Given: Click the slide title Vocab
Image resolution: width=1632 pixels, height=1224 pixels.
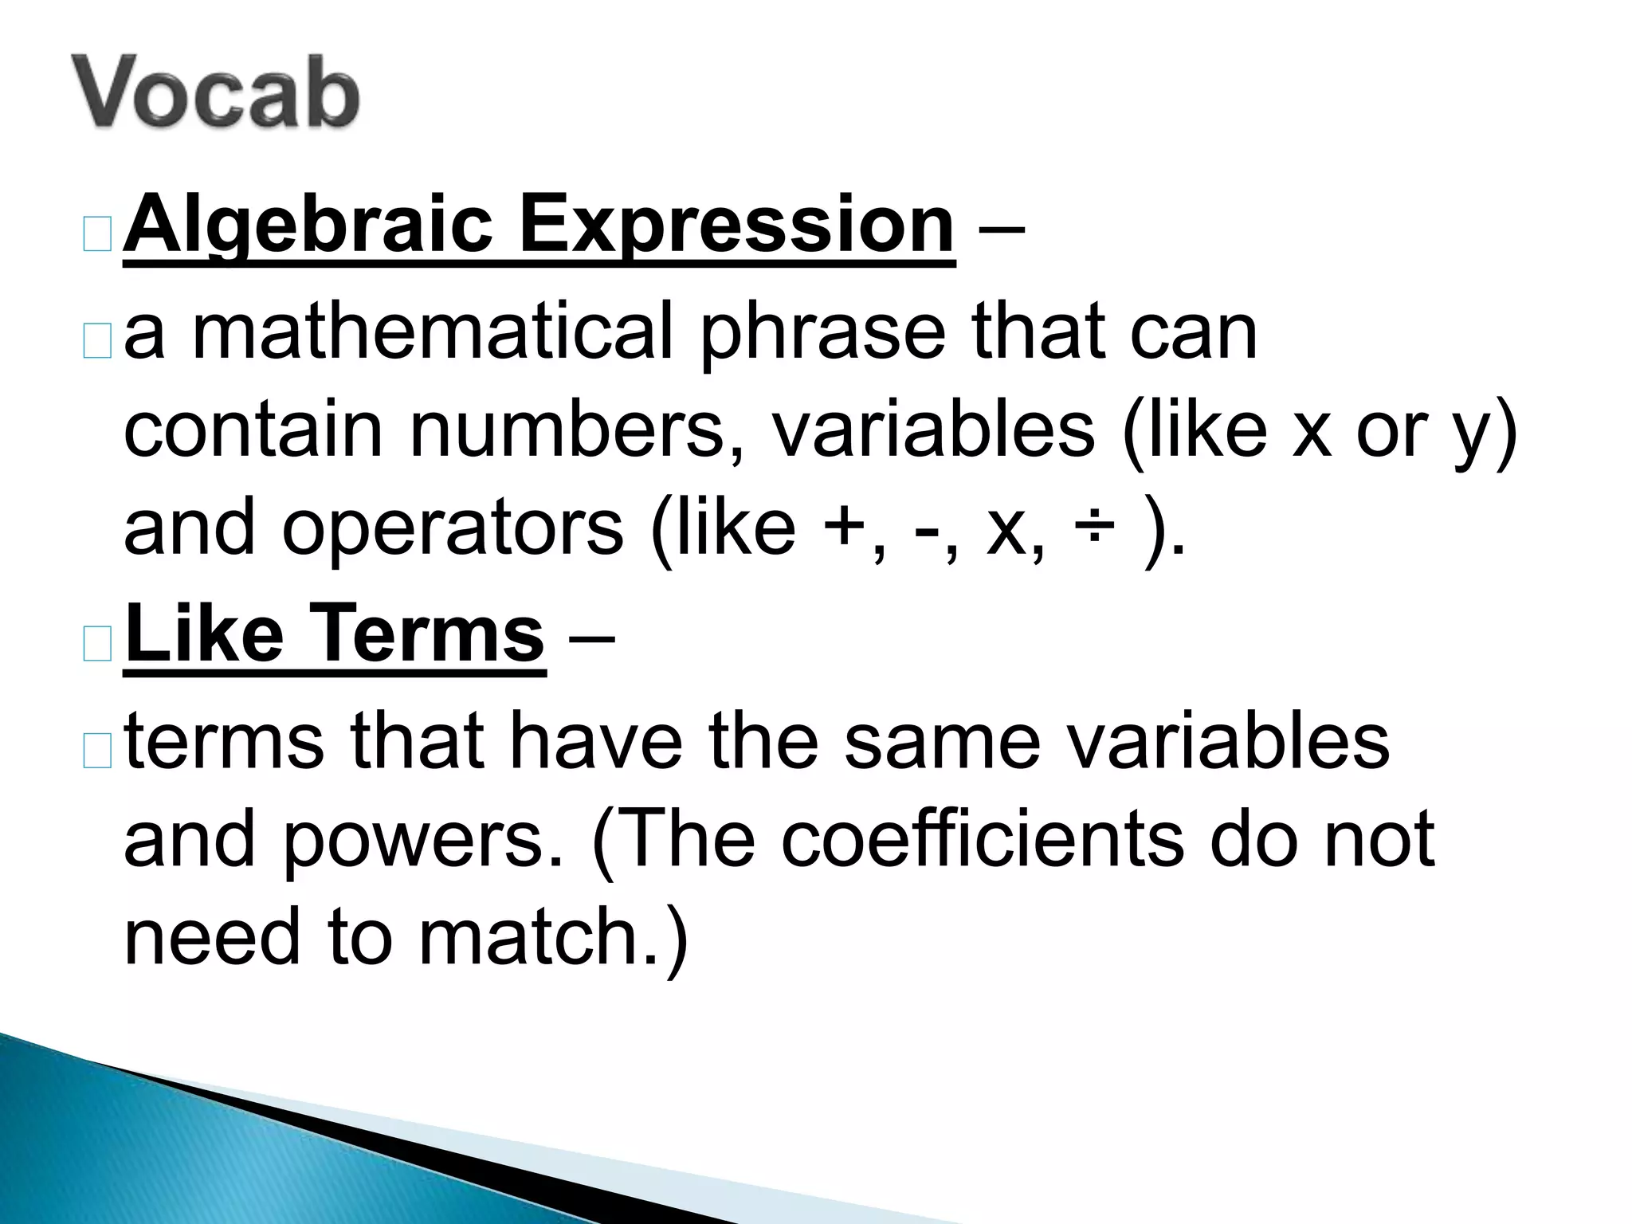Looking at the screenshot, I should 215,92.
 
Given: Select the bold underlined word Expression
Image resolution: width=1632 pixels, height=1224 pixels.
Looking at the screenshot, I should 736,226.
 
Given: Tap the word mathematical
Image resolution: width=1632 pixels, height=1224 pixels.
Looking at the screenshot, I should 433,331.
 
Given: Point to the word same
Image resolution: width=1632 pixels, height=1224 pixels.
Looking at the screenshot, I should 942,741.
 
